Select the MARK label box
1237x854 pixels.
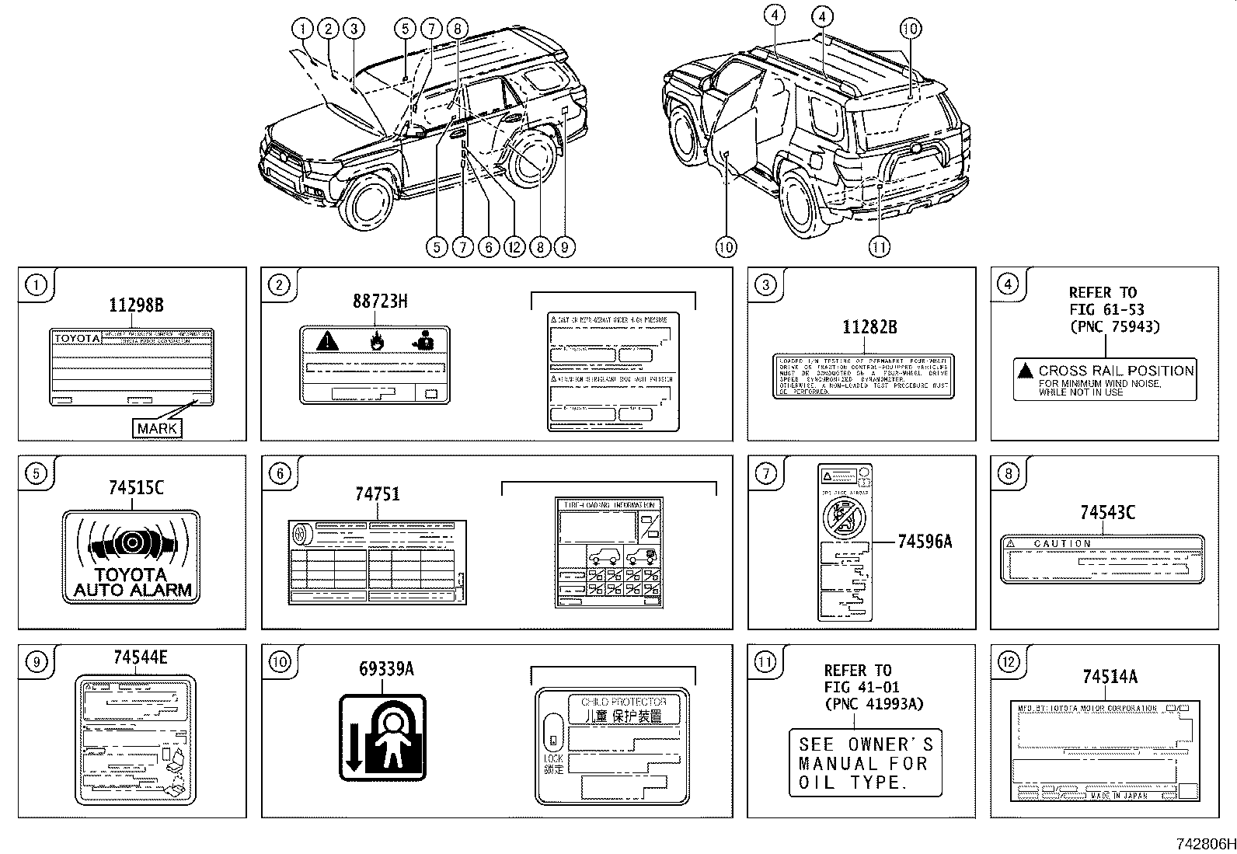(158, 428)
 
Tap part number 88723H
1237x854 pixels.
(379, 301)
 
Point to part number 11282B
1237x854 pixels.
(869, 327)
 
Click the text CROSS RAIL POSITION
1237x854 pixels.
(1115, 371)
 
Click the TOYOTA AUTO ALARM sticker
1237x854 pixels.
(131, 556)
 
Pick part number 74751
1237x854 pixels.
(378, 493)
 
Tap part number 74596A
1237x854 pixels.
(924, 542)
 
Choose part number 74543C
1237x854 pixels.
(1107, 512)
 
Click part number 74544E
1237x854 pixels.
(140, 657)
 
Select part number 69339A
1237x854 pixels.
(386, 668)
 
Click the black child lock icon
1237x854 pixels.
(383, 737)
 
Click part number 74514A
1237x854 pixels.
(1110, 677)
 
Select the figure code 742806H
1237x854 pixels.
(1204, 844)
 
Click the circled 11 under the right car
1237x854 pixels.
(879, 247)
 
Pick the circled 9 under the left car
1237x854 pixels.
(563, 247)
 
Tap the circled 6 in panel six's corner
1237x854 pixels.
(281, 473)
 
